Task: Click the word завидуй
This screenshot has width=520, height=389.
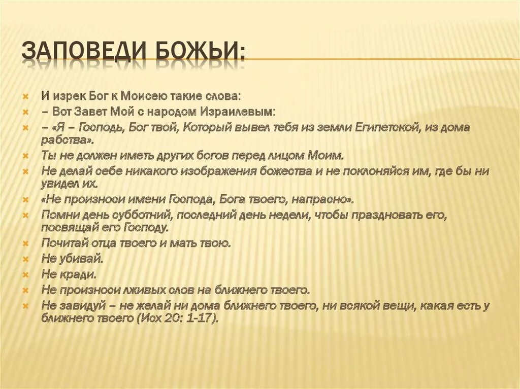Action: point(83,306)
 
